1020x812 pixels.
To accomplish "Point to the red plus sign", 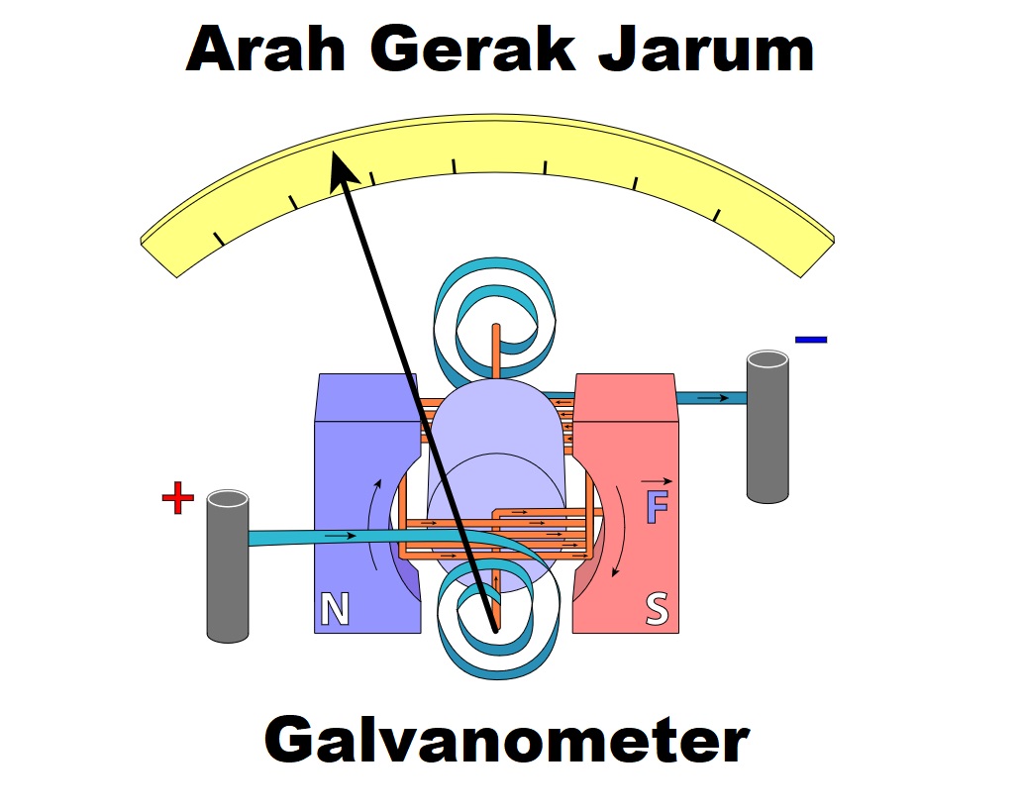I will click(x=177, y=499).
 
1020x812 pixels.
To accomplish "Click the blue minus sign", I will click(x=810, y=340).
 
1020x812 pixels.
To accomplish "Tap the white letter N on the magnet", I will click(x=335, y=610).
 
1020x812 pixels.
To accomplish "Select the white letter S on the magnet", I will click(x=657, y=609).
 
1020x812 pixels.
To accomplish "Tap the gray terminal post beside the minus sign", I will click(x=767, y=426).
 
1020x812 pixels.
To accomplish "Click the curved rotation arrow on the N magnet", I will click(x=372, y=525).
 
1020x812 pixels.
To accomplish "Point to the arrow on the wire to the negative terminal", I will click(x=720, y=398).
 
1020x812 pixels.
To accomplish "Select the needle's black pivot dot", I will click(x=494, y=627).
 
